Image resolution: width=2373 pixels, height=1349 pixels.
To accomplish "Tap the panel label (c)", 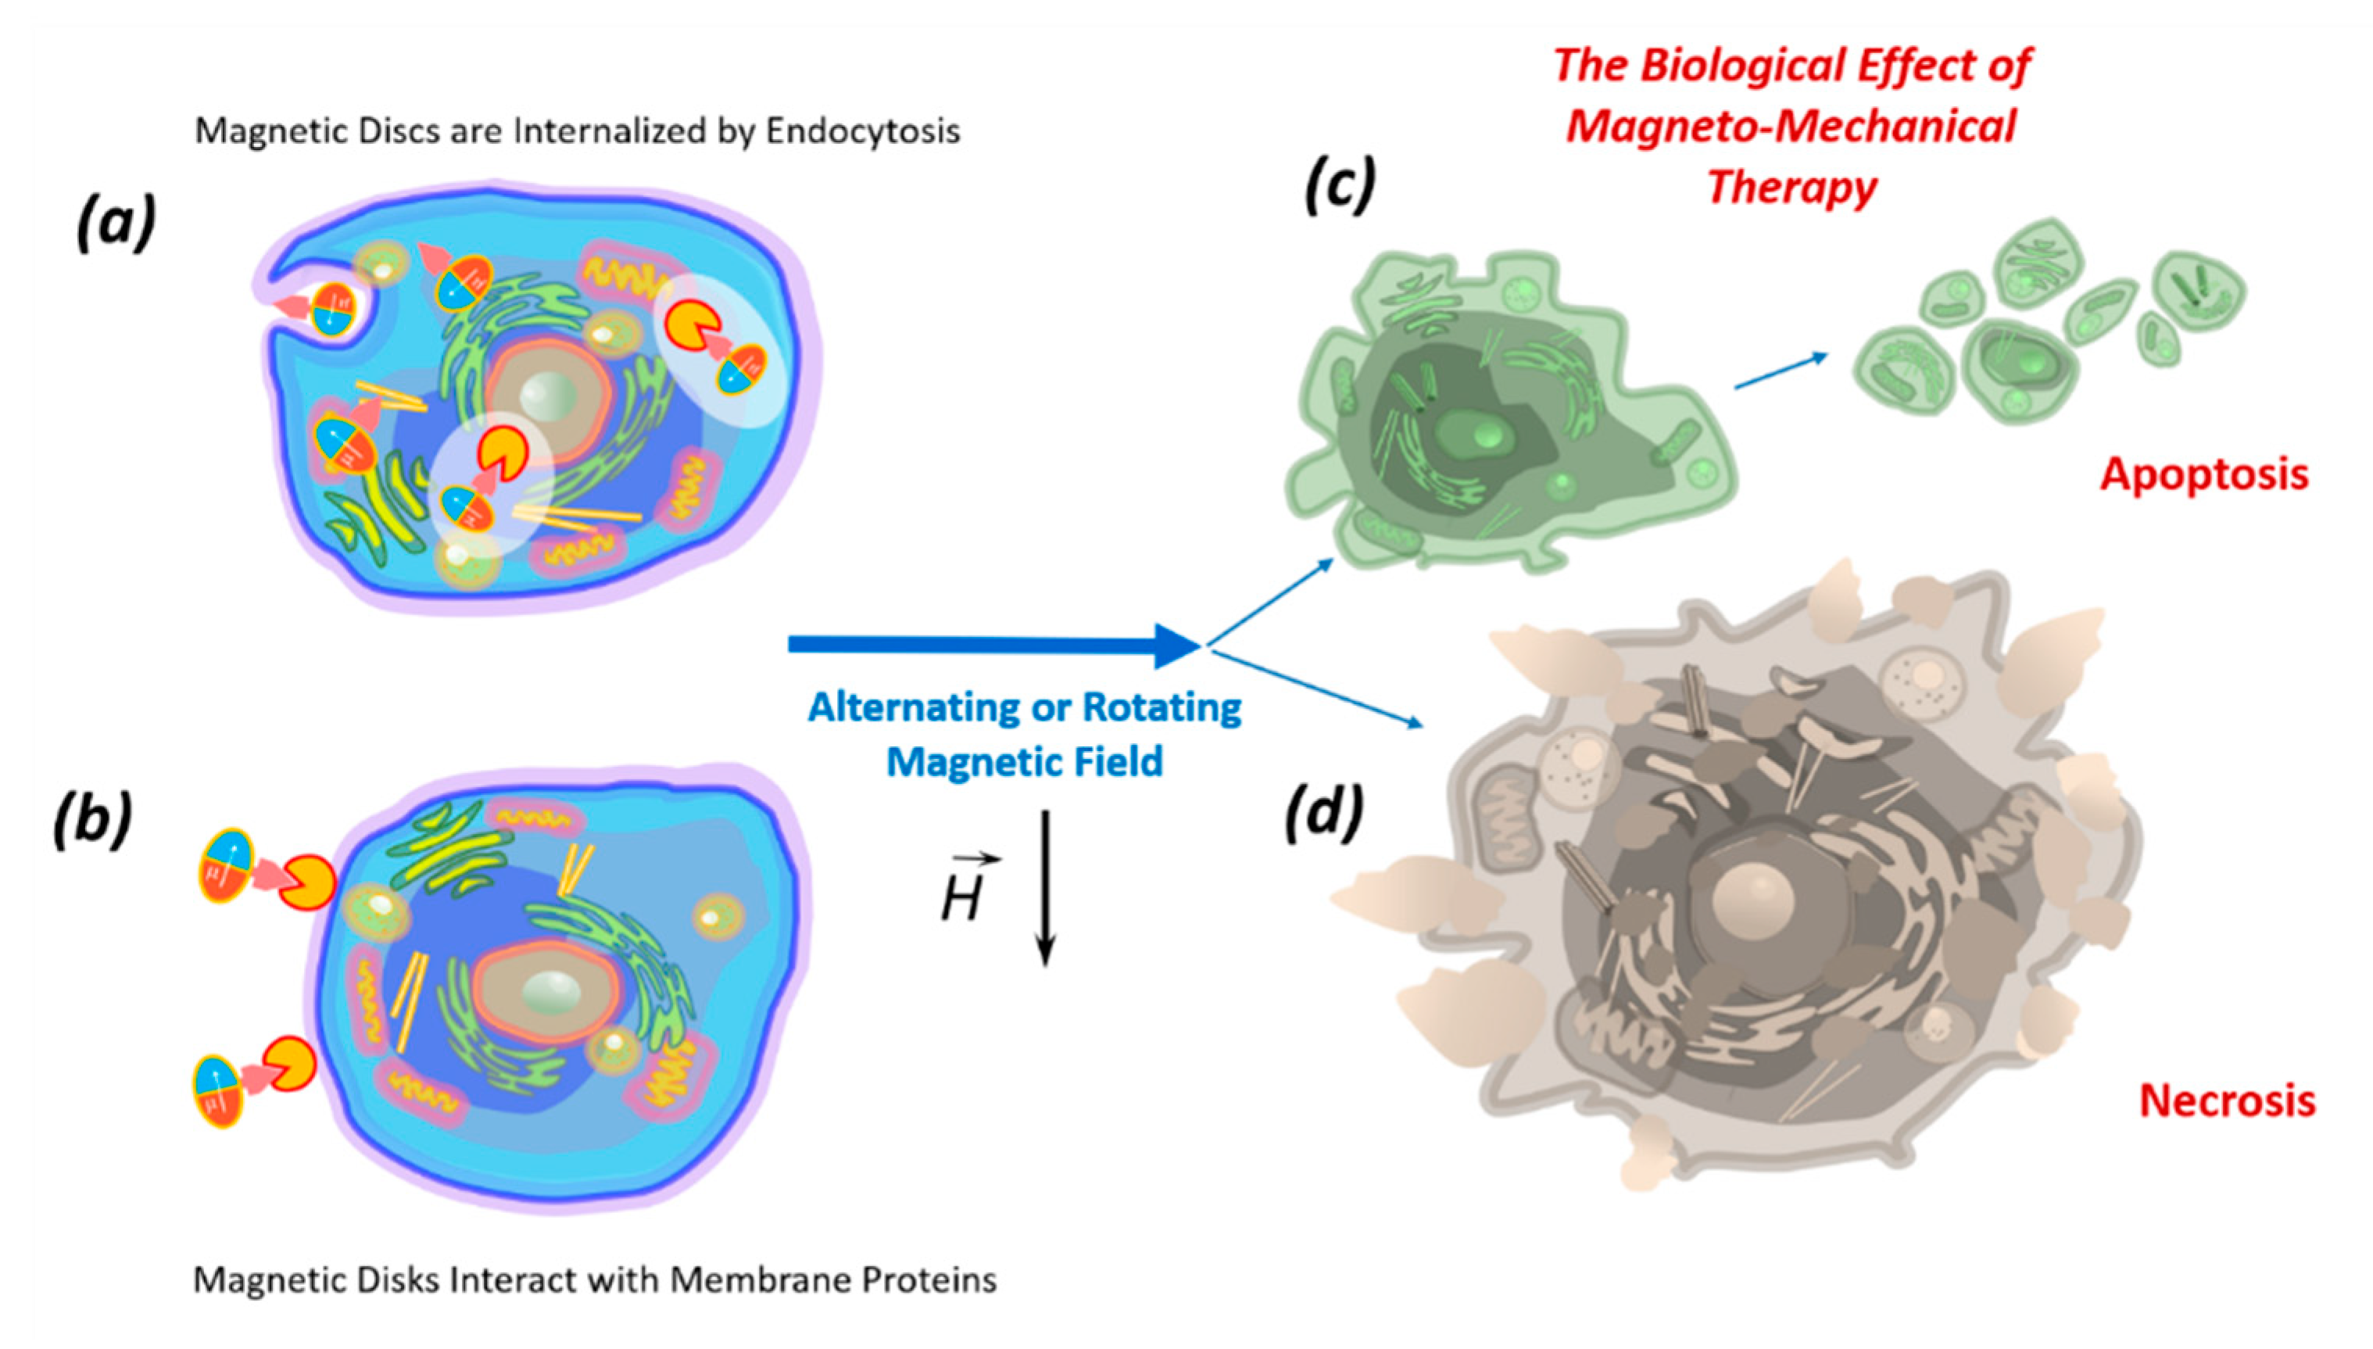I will tap(1340, 185).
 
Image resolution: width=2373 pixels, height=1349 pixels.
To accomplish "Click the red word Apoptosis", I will tap(2203, 475).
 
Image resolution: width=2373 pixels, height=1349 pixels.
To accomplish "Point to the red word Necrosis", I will tap(2227, 1100).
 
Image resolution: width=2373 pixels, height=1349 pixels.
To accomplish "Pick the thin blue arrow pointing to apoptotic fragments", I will tap(1780, 370).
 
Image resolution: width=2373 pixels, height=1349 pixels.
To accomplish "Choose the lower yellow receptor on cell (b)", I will tap(289, 1063).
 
